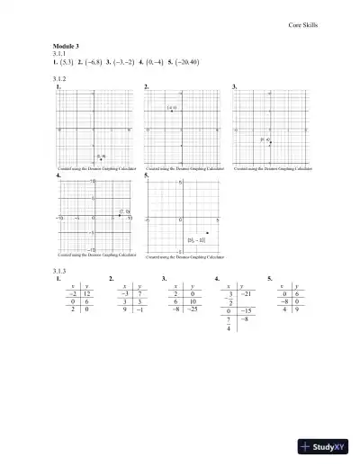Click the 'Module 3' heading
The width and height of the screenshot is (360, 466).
click(67, 45)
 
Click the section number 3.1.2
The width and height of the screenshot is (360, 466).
click(60, 79)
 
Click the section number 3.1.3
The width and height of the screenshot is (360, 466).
click(60, 269)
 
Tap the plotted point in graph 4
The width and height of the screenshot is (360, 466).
click(120, 215)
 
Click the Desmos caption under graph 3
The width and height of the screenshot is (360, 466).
click(271, 168)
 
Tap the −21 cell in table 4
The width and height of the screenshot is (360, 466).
click(248, 293)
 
